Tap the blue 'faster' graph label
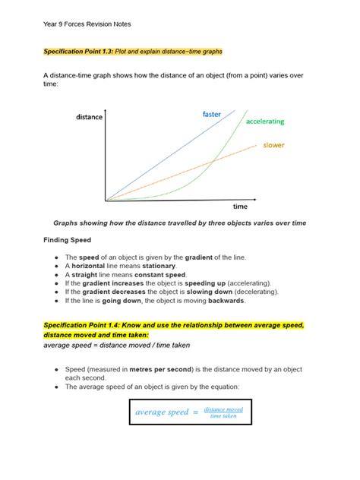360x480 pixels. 211,114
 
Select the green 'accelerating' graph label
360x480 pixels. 265,122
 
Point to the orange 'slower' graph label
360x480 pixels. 273,145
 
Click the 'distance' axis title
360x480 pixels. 89,117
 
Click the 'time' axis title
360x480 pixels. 240,207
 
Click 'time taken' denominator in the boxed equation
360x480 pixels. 223,416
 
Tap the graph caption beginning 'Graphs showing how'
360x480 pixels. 179,223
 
